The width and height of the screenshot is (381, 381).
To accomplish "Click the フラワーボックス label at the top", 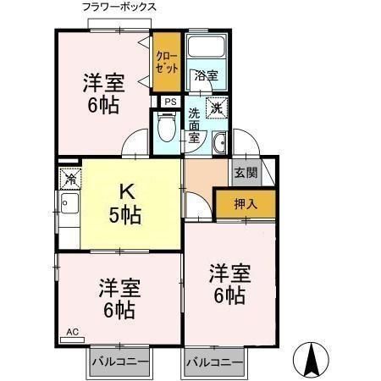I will click(119, 8).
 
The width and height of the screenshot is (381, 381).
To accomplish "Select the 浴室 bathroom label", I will click(206, 75).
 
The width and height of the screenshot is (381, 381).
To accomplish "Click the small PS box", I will click(170, 102).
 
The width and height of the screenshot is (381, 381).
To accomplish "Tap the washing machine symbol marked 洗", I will click(218, 108).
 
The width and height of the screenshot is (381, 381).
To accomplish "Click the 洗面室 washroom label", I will click(194, 124).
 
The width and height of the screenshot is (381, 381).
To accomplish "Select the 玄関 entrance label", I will click(246, 173).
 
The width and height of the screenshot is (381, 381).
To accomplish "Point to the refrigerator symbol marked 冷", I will click(69, 179).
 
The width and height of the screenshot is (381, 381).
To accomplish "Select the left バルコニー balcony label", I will click(120, 362).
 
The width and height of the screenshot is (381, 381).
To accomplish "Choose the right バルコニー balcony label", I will click(215, 362).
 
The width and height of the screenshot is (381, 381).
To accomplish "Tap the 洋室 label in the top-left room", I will click(103, 83).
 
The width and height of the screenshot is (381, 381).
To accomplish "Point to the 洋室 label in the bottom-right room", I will click(229, 273).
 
